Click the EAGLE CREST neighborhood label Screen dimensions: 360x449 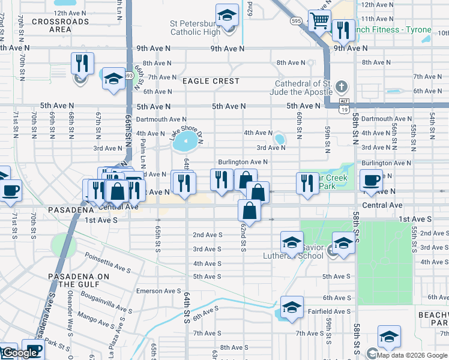(x=211, y=81)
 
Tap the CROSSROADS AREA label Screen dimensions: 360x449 (x=52, y=25)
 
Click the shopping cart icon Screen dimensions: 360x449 (x=319, y=20)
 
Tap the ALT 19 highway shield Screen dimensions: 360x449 (x=343, y=105)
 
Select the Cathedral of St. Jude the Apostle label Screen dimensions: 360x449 (x=303, y=88)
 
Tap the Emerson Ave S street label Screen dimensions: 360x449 (x=158, y=291)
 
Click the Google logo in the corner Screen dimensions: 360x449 (x=20, y=353)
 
